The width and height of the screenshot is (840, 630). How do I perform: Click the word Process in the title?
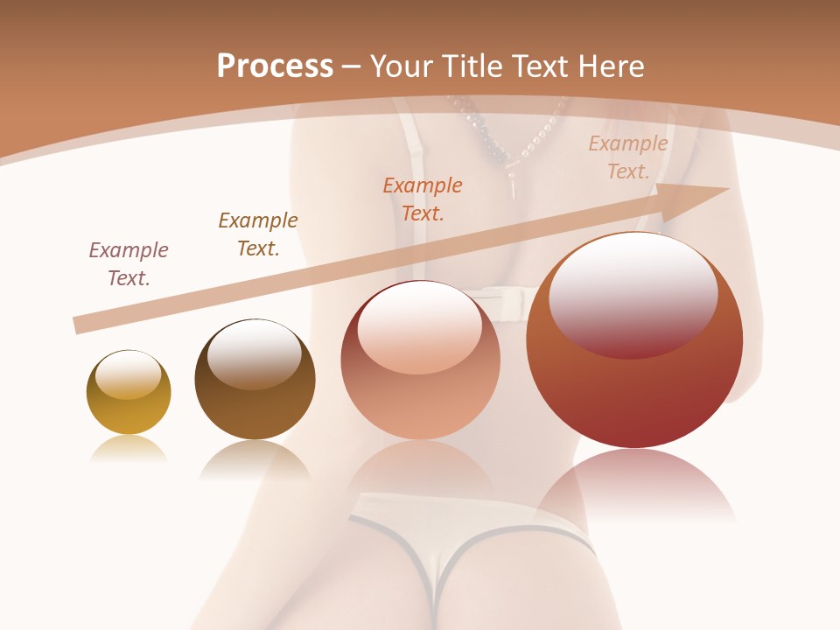tap(275, 66)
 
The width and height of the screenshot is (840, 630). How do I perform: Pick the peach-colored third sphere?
tap(420, 360)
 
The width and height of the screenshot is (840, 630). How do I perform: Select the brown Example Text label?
tap(258, 234)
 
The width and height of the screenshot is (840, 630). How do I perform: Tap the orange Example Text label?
tap(423, 199)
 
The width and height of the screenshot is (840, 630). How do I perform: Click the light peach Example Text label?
tap(628, 157)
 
